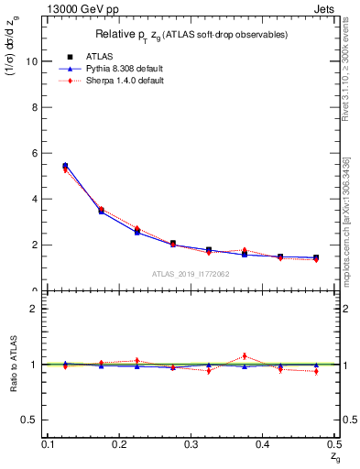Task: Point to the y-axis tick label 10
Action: click(33, 61)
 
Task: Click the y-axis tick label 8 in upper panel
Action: click(36, 107)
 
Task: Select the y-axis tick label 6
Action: click(36, 153)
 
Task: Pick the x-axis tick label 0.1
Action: click(48, 444)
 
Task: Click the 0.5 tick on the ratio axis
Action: click(31, 420)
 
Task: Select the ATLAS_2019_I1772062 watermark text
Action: click(191, 274)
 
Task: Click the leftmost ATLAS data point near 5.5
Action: click(65, 166)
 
